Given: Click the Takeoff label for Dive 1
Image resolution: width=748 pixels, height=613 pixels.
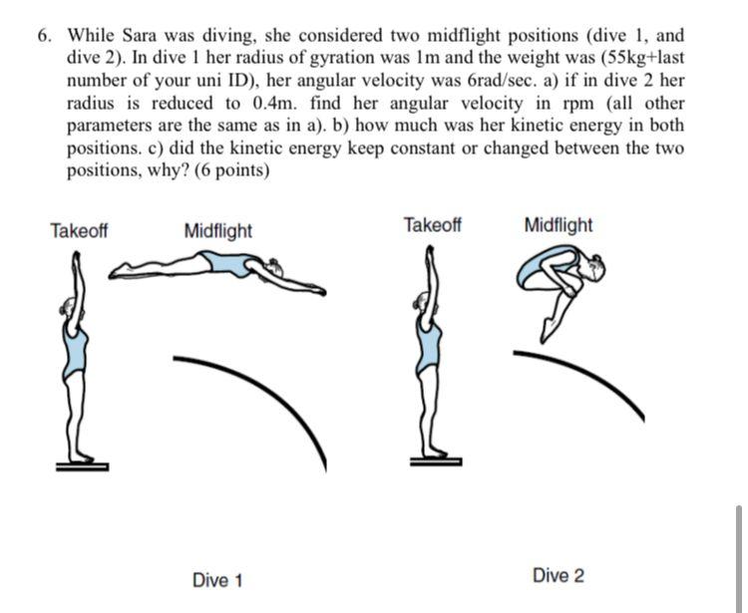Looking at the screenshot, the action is [79, 231].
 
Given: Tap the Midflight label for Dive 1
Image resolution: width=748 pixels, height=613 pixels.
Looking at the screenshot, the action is [218, 231].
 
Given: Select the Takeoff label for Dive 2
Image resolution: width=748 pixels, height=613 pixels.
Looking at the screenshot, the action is [432, 224].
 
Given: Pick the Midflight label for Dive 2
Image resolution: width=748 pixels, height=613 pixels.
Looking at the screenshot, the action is [558, 224].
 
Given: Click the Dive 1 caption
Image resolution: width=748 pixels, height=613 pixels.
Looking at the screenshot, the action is [217, 580].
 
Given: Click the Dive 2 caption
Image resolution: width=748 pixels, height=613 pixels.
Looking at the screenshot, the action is [559, 575].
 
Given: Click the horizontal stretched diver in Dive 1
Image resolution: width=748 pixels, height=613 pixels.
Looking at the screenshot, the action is [219, 267].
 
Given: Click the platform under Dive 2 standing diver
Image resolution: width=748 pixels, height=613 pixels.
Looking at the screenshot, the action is [436, 460].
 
